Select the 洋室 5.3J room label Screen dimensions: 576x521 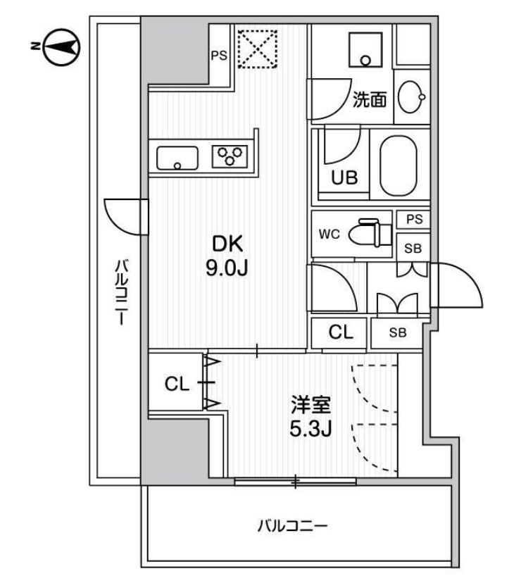coord(310,416)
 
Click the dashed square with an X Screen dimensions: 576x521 coord(257,48)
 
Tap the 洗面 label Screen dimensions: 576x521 coord(369,101)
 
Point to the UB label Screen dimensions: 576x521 coord(346,178)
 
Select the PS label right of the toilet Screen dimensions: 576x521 coord(414,220)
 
